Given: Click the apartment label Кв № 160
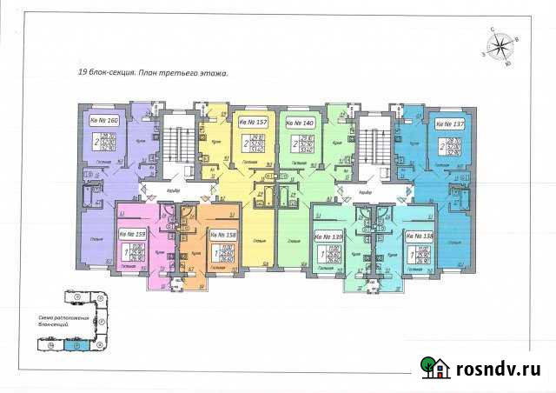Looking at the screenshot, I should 103,119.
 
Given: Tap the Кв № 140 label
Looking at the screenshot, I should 301,124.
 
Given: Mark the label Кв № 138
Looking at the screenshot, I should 420,236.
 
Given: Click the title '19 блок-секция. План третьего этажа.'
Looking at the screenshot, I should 152,76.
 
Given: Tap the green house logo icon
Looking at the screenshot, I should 434,368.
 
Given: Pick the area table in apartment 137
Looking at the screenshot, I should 453,146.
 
